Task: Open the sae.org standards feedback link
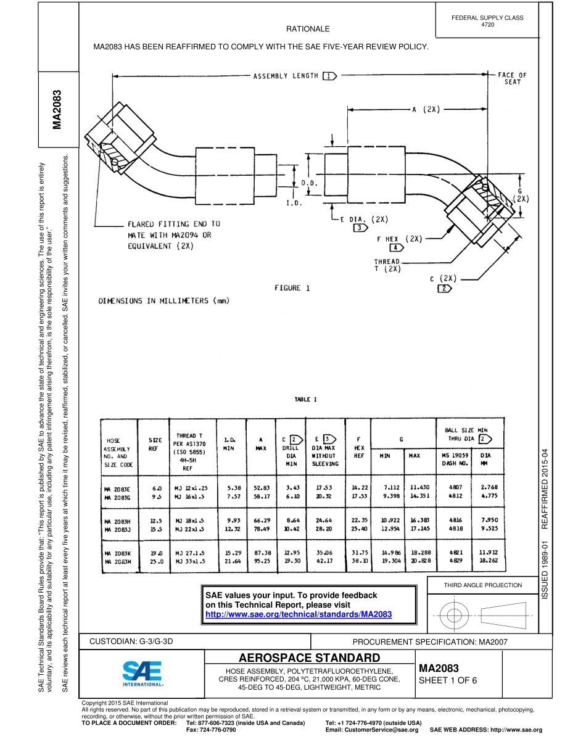click(298, 614)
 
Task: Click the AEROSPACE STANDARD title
click(309, 657)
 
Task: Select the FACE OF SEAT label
click(512, 78)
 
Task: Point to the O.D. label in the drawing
click(309, 184)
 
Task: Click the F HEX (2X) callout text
click(398, 239)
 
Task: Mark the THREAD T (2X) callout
click(387, 265)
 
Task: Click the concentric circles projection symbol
click(454, 615)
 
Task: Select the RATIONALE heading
click(308, 29)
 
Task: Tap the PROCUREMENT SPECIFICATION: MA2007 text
click(429, 642)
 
